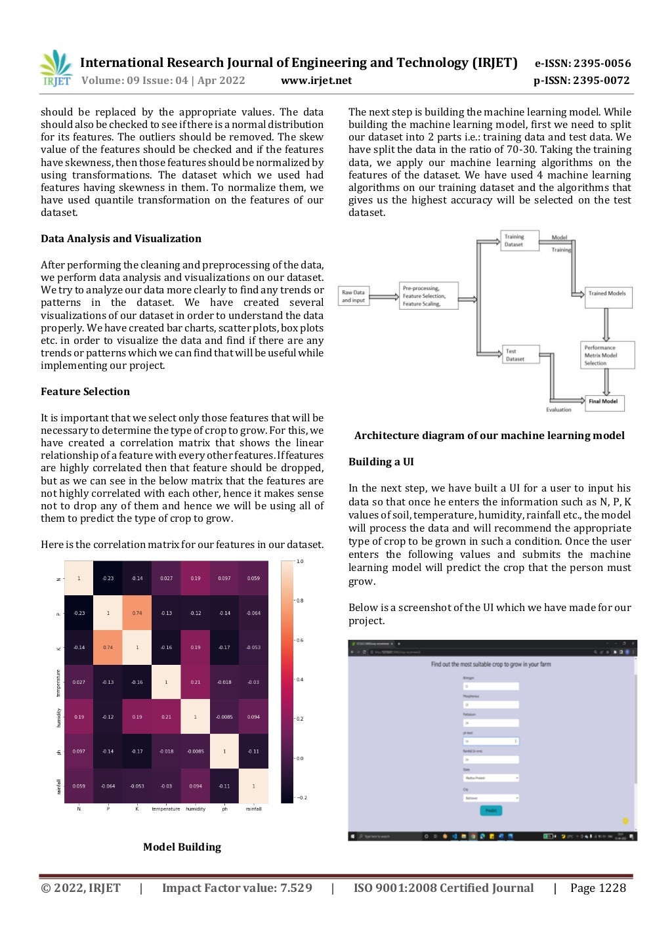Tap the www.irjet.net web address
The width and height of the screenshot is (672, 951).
point(316,81)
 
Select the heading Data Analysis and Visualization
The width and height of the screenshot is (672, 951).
point(121,239)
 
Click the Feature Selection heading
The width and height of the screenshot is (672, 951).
point(85,392)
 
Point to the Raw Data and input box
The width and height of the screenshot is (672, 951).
point(353,297)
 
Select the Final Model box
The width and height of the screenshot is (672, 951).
point(603,402)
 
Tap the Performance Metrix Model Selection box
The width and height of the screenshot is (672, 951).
point(608,355)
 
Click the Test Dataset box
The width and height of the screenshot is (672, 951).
point(521,355)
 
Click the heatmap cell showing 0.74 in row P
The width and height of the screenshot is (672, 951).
point(137,613)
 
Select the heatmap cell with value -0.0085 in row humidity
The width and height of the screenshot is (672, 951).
point(224,717)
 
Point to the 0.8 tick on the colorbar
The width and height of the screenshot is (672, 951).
point(299,601)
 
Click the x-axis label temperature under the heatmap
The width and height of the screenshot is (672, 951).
point(166,809)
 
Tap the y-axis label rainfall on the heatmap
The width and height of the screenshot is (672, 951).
point(59,786)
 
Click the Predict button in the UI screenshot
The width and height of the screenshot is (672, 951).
point(491,811)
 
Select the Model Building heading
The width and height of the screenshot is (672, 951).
point(182,847)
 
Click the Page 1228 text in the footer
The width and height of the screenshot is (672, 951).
point(598,889)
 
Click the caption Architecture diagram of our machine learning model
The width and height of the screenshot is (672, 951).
point(489,436)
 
